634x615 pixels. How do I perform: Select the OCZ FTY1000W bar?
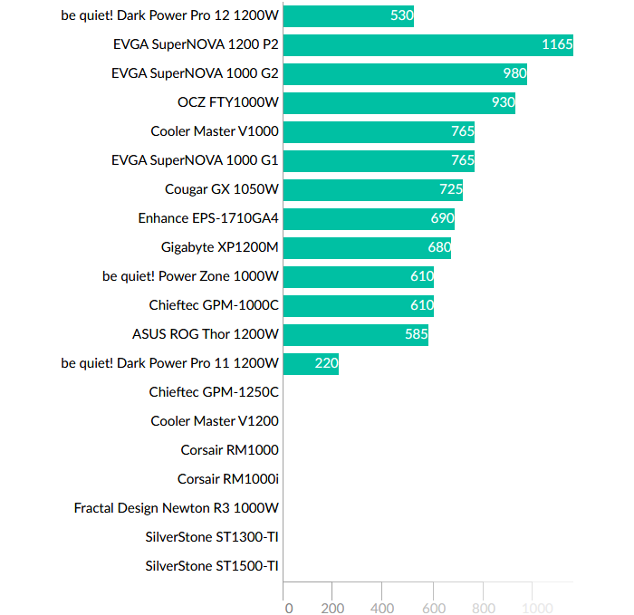[x=399, y=102]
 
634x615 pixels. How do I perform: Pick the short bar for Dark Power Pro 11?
[x=311, y=363]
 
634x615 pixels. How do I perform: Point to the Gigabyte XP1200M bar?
[x=367, y=247]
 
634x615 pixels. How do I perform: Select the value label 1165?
[x=556, y=44]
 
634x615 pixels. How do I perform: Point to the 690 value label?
[x=442, y=218]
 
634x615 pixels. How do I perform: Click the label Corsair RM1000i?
[x=227, y=479]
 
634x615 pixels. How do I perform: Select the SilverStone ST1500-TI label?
[x=212, y=566]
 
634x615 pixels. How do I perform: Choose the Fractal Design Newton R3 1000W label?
[x=176, y=508]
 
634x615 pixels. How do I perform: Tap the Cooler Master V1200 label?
[x=215, y=421]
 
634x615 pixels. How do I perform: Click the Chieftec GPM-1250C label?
[x=214, y=392]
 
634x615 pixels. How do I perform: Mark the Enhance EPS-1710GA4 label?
[x=208, y=218]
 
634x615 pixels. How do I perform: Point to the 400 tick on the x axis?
[x=382, y=608]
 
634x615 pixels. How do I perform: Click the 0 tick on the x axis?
[x=288, y=608]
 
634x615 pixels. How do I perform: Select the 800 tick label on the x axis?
[x=484, y=608]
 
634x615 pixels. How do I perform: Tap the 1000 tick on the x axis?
[x=534, y=608]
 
